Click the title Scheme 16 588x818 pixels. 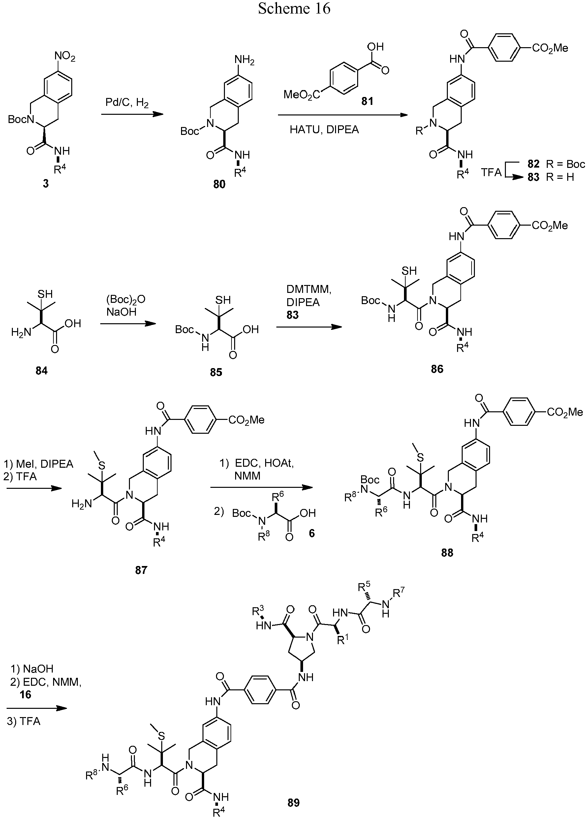tap(294, 9)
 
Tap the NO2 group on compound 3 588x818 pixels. tap(65, 57)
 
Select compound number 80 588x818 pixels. tap(219, 184)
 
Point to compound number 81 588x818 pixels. tap(367, 101)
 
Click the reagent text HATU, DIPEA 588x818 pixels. tap(324, 130)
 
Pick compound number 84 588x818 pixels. tap(42, 370)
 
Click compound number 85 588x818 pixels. tap(216, 372)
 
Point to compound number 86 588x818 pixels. tap(437, 369)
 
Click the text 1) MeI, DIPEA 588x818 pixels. tap(39, 464)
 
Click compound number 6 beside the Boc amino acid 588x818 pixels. tap(312, 533)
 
